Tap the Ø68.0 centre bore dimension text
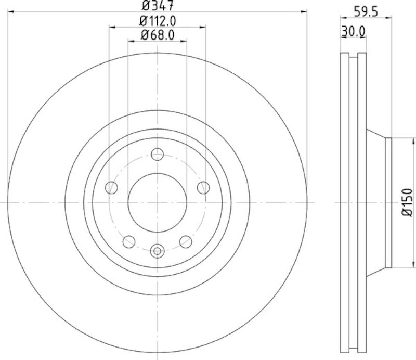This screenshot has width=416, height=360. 157,35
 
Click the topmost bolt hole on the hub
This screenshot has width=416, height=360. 157,155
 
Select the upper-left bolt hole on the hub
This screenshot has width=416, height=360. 111,187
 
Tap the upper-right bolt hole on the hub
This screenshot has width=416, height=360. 203,187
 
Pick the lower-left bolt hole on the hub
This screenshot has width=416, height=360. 129,241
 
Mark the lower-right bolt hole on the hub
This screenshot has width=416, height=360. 185,241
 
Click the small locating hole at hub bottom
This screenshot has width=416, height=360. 157,251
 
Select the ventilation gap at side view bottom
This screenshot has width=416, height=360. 353,348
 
